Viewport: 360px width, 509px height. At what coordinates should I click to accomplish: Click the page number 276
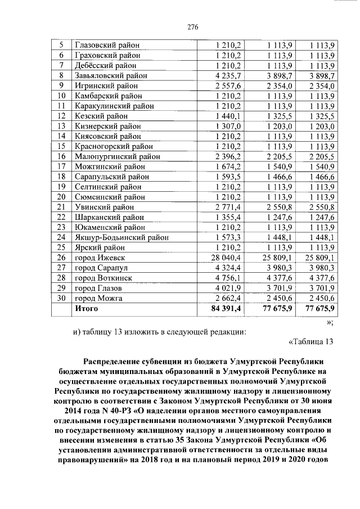179,26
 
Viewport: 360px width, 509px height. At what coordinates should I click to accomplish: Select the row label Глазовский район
107,44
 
